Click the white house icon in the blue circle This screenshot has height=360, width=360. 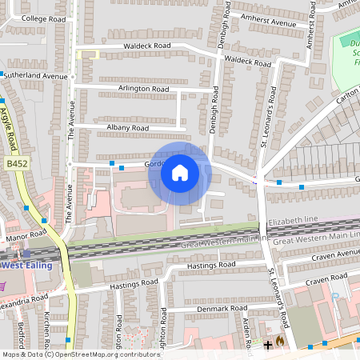[x=180, y=172]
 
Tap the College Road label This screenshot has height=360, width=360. [x=44, y=17]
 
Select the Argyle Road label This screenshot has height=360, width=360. [x=10, y=129]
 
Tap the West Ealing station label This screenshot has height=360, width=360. [x=22, y=265]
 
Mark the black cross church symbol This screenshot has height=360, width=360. [x=267, y=345]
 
